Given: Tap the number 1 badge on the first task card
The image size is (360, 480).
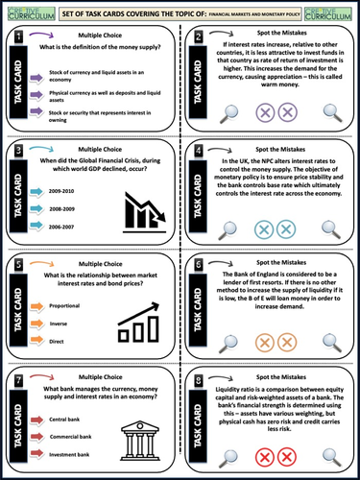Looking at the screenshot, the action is click(19, 36).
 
